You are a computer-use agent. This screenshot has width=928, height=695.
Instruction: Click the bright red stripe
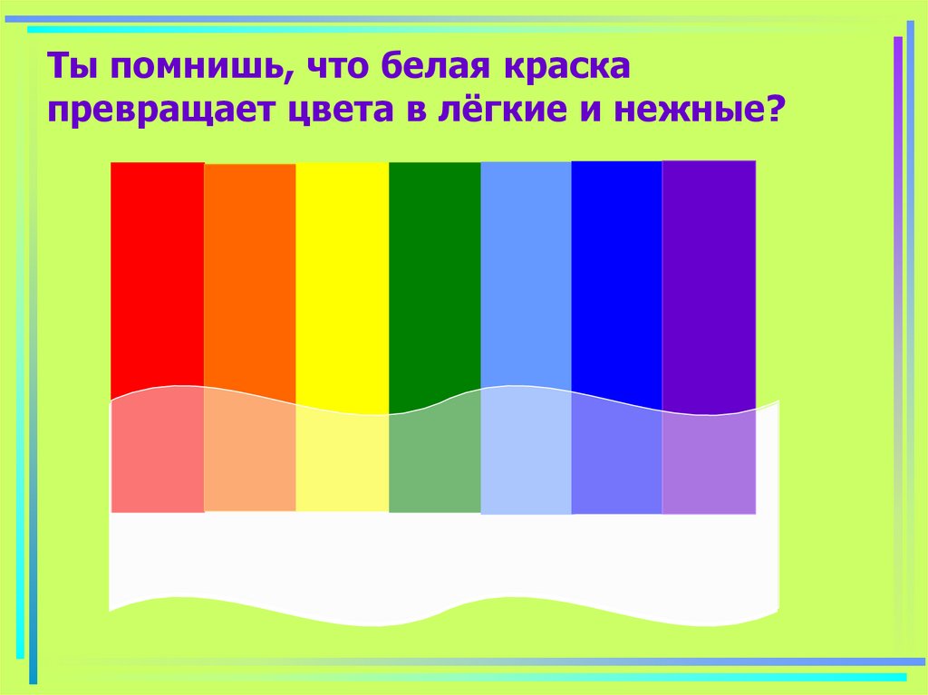click(x=157, y=272)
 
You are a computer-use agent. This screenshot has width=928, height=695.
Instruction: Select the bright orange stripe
click(x=249, y=272)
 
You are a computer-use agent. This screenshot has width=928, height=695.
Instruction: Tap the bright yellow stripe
click(x=342, y=272)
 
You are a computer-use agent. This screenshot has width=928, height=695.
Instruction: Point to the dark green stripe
click(x=434, y=272)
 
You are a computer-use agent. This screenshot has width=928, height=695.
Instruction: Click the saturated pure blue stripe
click(x=616, y=272)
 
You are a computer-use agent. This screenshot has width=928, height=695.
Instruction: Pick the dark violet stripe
click(x=709, y=272)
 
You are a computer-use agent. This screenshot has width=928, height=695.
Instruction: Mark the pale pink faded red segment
click(x=157, y=458)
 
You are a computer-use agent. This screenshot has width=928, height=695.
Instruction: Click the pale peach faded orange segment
click(x=249, y=458)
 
